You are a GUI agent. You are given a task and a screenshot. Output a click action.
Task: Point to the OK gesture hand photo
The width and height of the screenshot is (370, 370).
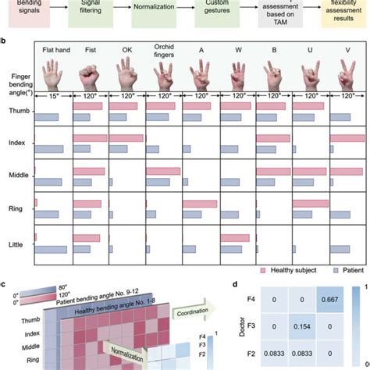pyautogui.click(x=126, y=79)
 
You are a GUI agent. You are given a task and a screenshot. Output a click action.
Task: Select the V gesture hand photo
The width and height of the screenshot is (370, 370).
pyautogui.click(x=347, y=79)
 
